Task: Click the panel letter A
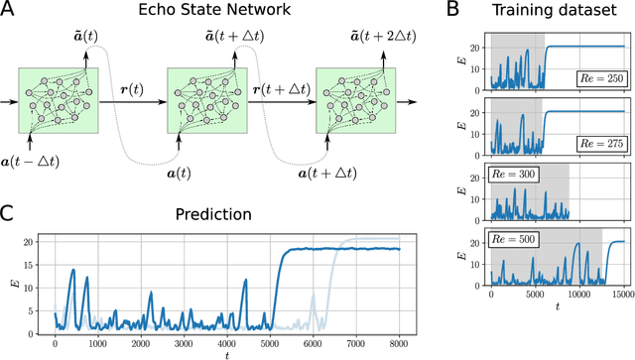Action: pyautogui.click(x=8, y=12)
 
